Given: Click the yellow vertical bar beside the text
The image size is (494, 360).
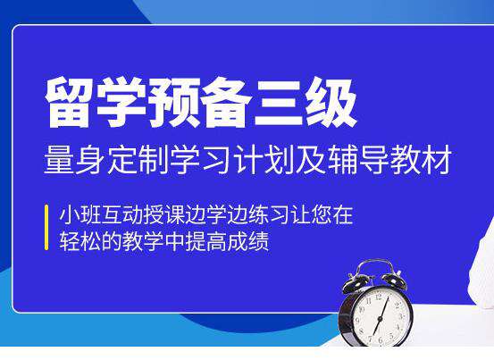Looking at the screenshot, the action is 46,228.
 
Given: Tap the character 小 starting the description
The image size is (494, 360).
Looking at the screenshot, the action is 70,214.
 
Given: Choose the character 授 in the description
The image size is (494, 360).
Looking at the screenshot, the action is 154,214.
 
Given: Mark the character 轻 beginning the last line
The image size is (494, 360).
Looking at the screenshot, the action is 70,241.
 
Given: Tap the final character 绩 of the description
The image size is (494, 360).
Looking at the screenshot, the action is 259,241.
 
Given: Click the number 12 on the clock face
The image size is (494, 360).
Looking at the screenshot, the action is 379,297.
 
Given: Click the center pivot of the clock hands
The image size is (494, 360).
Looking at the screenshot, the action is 381,319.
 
